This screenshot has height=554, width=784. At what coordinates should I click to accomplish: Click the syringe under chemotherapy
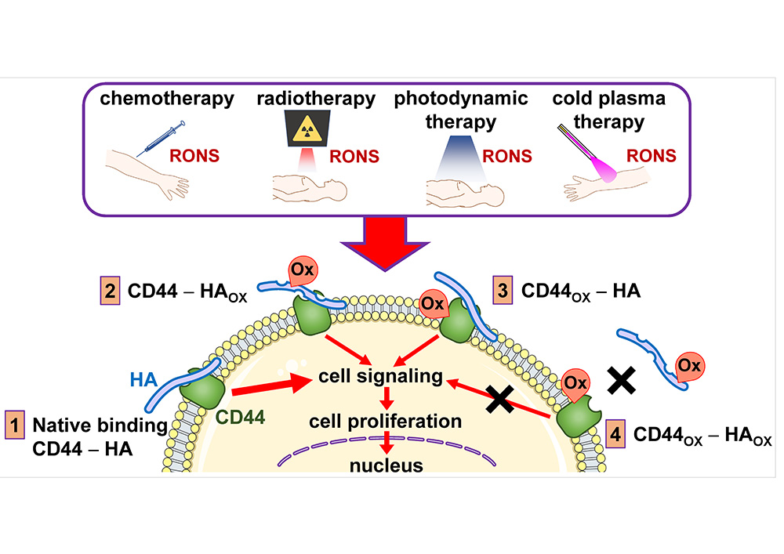(x=162, y=139)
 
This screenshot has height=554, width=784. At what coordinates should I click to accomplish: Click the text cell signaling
(x=380, y=376)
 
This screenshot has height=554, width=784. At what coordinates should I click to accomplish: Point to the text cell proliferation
(x=385, y=422)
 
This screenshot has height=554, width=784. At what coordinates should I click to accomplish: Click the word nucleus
(x=387, y=466)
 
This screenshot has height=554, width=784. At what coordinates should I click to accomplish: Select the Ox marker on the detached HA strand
(x=688, y=367)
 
